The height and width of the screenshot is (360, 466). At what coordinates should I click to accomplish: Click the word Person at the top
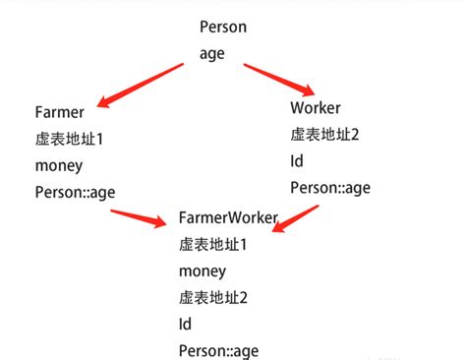point(223,26)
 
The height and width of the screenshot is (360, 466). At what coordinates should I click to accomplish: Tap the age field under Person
point(212,53)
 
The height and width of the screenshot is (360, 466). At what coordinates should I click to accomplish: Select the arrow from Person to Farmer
point(146,87)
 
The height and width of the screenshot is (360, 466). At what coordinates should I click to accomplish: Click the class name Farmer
point(59,112)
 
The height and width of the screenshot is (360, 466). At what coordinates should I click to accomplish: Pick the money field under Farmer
point(59,165)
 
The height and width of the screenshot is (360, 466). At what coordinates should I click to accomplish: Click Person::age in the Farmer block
point(75,192)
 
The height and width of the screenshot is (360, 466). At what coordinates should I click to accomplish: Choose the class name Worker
point(316,106)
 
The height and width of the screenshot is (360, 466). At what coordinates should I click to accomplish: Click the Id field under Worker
point(297,159)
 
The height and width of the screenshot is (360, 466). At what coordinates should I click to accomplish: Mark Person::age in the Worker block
point(331,186)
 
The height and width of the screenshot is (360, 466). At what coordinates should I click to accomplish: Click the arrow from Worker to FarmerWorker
point(296,219)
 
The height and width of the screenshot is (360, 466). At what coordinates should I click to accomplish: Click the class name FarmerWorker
point(229,217)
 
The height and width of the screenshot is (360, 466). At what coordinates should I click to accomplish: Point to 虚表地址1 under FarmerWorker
point(213,244)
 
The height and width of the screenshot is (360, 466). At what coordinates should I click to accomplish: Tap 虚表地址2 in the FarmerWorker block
point(214,297)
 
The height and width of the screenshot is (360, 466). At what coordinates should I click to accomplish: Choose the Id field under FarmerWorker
point(186,324)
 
